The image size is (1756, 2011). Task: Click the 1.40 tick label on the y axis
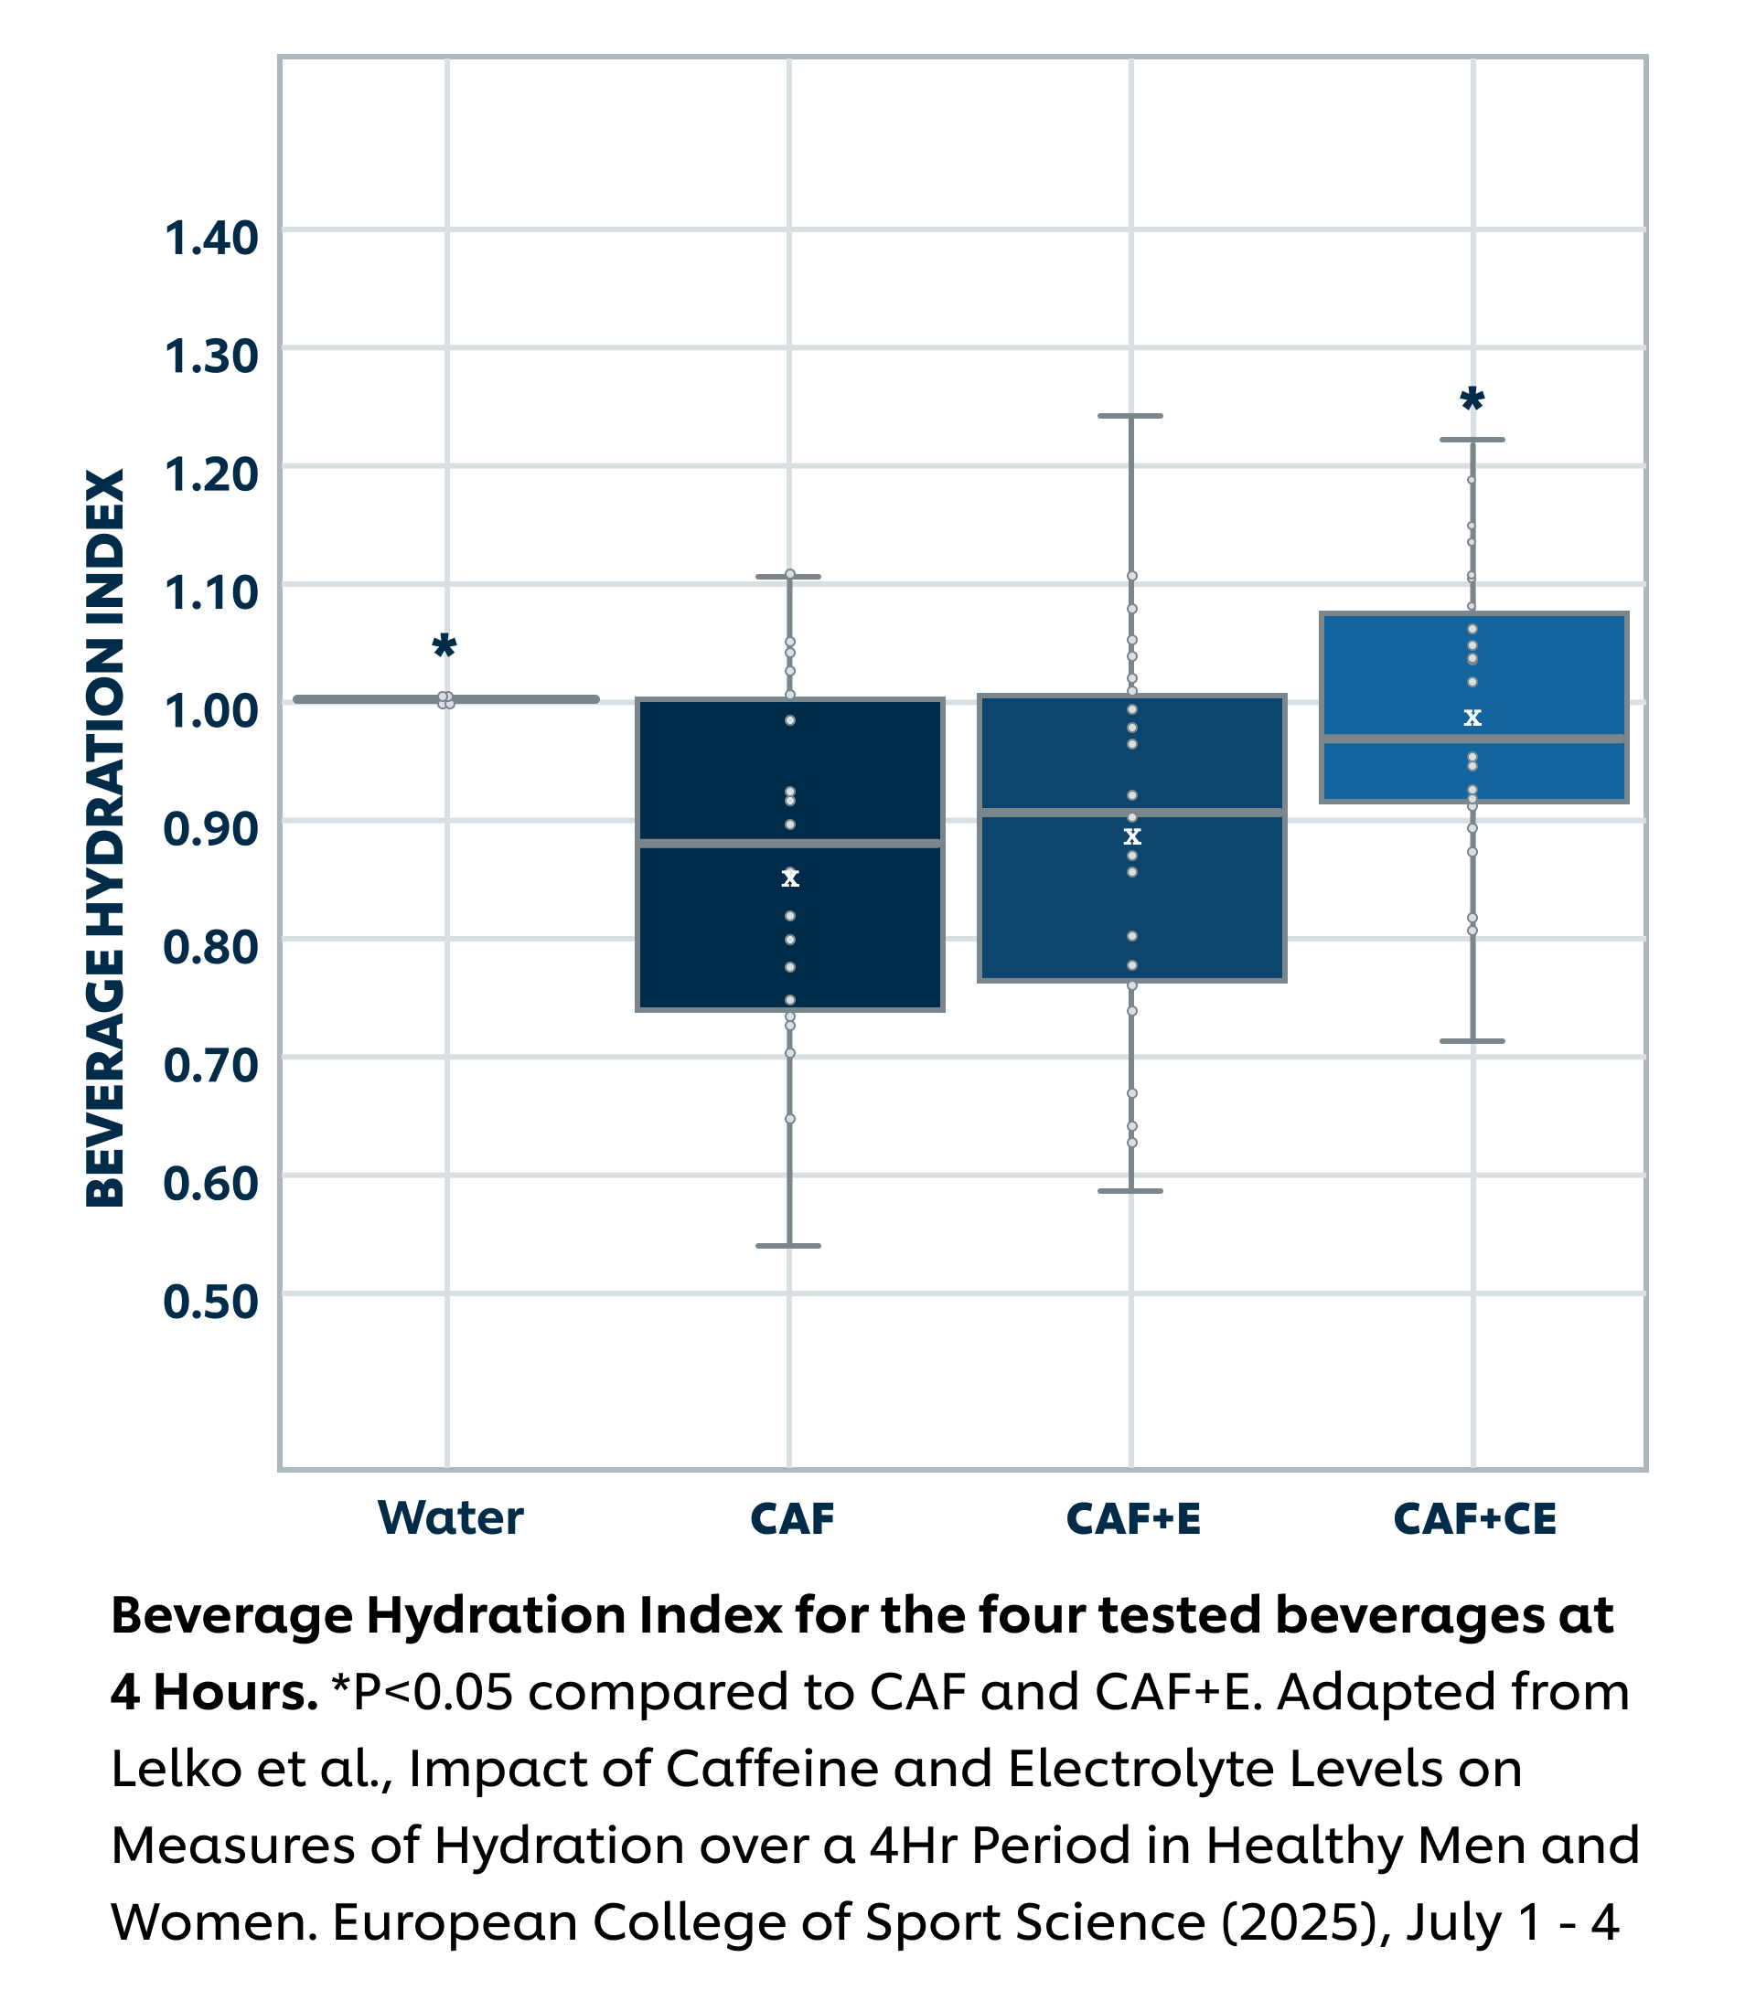tap(210, 238)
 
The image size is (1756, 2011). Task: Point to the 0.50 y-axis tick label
tap(210, 1302)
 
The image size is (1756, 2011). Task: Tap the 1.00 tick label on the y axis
tap(210, 711)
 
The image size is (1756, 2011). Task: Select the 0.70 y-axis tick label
tap(210, 1066)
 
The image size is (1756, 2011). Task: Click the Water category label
tap(451, 1518)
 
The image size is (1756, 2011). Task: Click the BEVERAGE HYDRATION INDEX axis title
tap(106, 837)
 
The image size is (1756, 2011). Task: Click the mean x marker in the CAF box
tap(790, 878)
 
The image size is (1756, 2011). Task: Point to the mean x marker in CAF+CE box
tap(1472, 718)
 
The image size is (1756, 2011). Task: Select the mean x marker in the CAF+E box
tap(1132, 836)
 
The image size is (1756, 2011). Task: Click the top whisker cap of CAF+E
tap(1130, 416)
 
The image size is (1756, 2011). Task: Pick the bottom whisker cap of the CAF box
tap(788, 1246)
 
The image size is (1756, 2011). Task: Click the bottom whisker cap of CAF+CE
tap(1472, 1041)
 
